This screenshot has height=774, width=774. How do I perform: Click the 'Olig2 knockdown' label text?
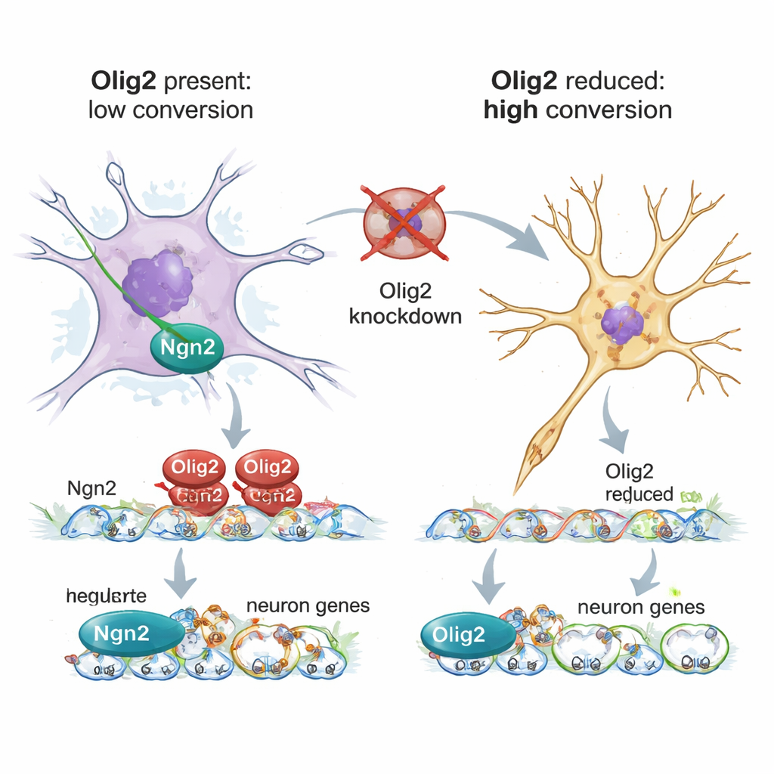405,302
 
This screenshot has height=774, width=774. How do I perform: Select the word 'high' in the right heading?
510,110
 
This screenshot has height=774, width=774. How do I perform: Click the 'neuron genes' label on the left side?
308,605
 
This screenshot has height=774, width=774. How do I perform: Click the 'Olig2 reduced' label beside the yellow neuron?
639,483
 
